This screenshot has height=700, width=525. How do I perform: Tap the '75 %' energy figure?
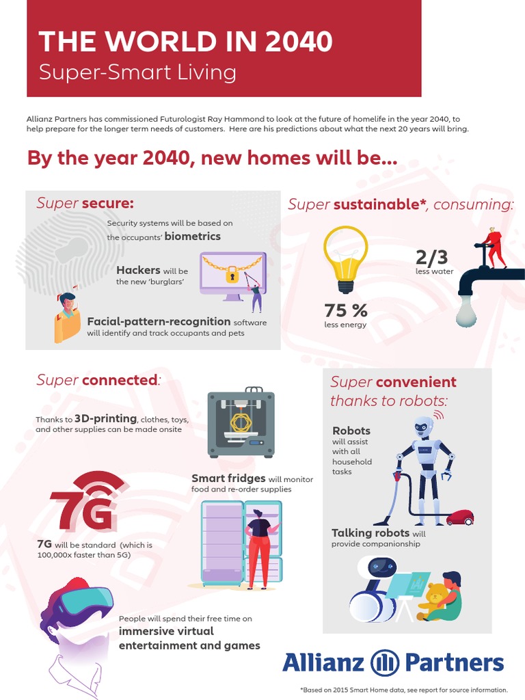click(x=346, y=310)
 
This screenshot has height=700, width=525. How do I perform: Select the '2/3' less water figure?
click(x=432, y=257)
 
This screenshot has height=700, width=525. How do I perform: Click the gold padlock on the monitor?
click(x=232, y=275)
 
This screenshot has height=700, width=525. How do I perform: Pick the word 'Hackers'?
click(x=138, y=270)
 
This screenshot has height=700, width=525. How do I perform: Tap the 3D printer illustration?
click(x=241, y=424)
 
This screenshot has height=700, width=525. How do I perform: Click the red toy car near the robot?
click(x=459, y=517)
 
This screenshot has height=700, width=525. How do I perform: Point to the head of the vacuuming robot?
click(x=424, y=427)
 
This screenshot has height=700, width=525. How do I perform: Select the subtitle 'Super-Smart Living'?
click(x=137, y=72)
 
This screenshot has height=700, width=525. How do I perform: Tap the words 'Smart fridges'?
click(x=228, y=479)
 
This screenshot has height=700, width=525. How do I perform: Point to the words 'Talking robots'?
click(x=371, y=533)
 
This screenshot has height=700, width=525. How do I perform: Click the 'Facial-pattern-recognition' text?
click(x=159, y=321)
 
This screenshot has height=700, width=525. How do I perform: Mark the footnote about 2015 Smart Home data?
click(x=403, y=690)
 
